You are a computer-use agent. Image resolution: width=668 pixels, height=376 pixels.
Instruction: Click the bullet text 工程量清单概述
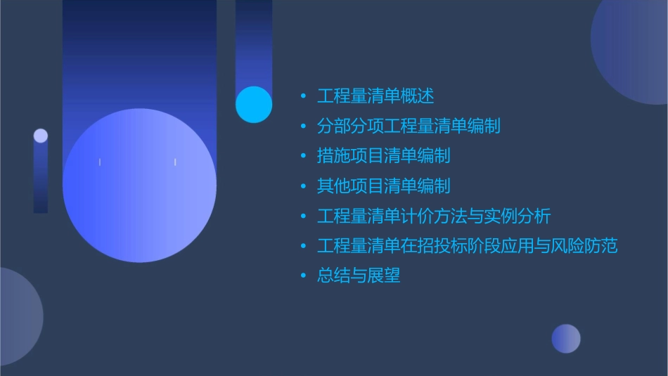coord(375,96)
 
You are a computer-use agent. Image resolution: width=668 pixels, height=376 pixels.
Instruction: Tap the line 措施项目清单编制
coord(384,155)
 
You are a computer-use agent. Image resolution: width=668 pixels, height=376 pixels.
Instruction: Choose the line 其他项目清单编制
coord(384,186)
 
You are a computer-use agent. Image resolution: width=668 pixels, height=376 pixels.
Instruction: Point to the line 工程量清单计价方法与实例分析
coord(434,216)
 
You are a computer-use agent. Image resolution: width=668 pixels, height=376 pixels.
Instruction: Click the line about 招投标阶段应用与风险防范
coord(467,246)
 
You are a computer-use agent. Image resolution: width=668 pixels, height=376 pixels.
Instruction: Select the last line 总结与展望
coord(359,275)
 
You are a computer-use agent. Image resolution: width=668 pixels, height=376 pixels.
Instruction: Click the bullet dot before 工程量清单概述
coord(303,96)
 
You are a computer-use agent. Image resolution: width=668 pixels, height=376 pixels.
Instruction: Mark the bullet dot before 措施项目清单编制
coord(303,156)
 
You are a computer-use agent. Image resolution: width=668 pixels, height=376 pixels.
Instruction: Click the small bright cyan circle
coord(254,104)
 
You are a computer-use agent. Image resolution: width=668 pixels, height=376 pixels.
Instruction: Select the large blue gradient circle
coord(139,186)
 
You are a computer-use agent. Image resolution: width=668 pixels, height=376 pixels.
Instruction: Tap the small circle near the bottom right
coord(566,339)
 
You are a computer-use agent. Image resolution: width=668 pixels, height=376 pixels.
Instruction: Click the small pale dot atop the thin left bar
coord(41,136)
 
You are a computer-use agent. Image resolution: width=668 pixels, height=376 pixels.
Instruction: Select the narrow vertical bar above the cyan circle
coord(254,42)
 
